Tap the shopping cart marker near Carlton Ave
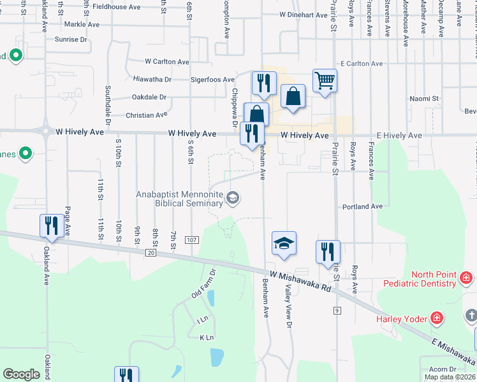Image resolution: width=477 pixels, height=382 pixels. [x=325, y=81]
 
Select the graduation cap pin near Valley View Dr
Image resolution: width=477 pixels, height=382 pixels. [x=284, y=243]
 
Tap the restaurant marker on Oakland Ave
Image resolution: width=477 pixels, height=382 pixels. [x=52, y=226]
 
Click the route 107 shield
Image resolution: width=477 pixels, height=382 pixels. [x=191, y=239]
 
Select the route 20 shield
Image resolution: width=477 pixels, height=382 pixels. [x=150, y=253]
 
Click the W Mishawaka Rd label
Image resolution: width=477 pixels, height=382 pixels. [x=300, y=280]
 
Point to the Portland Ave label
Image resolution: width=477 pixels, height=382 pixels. [x=362, y=206]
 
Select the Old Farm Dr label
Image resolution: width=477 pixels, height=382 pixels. [x=204, y=285]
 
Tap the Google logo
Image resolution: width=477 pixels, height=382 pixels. [x=21, y=374]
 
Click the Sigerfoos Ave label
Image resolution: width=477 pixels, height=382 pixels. [x=213, y=80]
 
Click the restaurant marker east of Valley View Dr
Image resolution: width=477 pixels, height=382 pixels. [x=328, y=252]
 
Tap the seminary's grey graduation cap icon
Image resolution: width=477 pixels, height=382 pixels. [x=233, y=199]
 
